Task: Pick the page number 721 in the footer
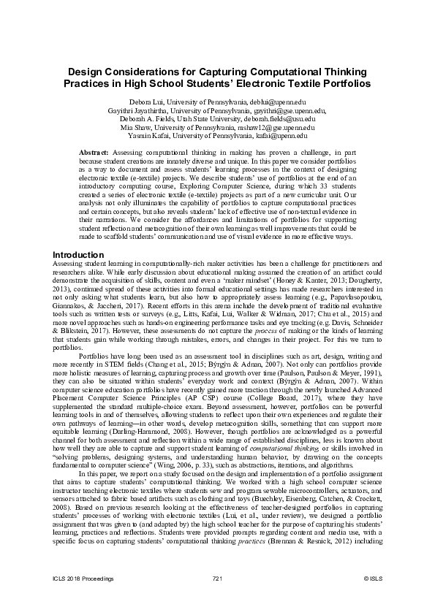coord(217,578)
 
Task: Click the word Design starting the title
coord(86,72)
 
